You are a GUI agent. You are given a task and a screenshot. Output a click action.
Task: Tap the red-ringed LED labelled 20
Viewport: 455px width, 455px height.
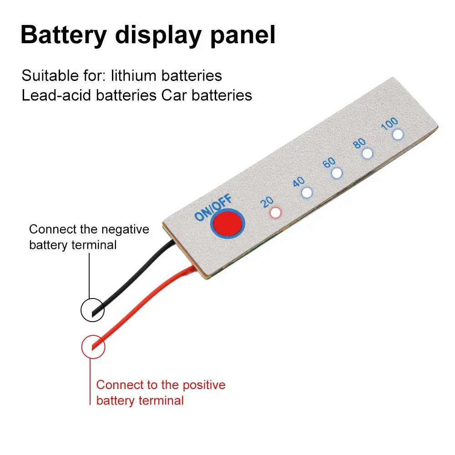pyautogui.click(x=275, y=212)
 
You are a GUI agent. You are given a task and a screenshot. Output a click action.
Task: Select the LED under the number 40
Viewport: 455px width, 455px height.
pyautogui.click(x=307, y=192)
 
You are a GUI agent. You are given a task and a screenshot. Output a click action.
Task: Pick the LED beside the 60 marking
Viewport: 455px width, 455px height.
pyautogui.click(x=337, y=173)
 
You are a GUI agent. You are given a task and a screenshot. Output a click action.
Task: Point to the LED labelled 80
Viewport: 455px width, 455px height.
pyautogui.click(x=367, y=154)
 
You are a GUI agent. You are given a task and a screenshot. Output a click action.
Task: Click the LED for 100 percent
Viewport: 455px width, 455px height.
pyautogui.click(x=398, y=134)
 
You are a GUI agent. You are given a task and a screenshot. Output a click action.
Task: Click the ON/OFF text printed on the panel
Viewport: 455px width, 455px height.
pyautogui.click(x=213, y=207)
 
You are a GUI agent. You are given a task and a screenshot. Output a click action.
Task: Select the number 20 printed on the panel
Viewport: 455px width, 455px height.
pyautogui.click(x=267, y=202)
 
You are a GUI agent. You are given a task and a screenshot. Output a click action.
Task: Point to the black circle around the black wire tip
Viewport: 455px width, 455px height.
pyautogui.click(x=92, y=310)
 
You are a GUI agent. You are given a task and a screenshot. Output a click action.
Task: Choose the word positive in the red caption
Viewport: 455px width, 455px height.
pyautogui.click(x=204, y=385)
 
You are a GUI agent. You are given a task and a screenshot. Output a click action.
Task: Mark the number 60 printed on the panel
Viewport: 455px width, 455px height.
pyautogui.click(x=329, y=162)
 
